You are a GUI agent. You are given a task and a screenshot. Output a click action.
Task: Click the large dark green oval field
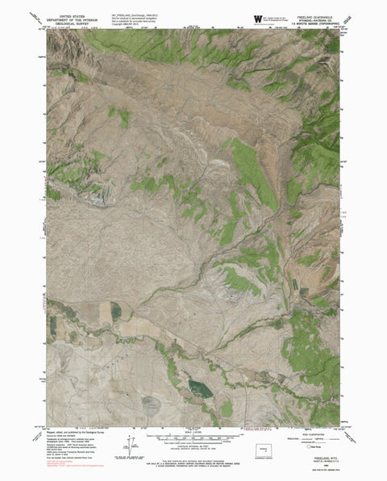[201, 390]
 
